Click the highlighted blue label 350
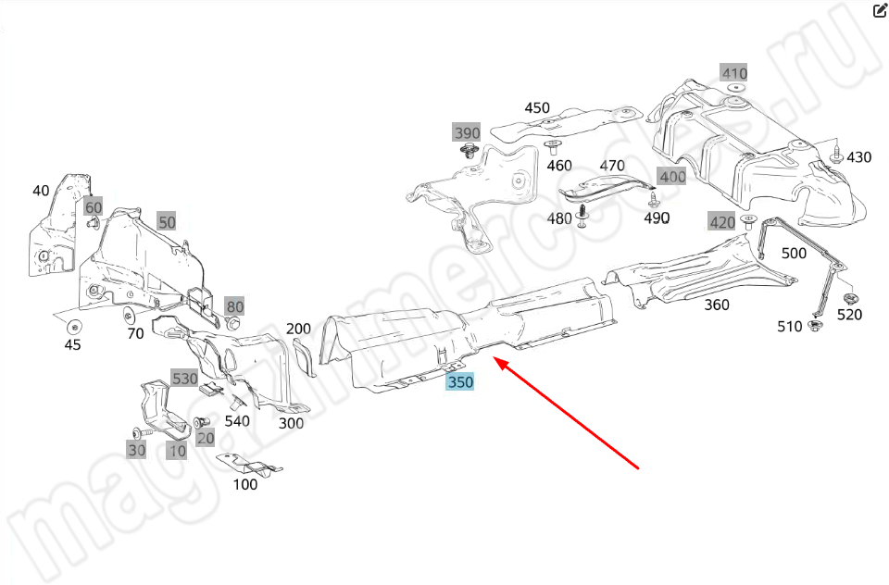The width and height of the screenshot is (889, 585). coord(460,381)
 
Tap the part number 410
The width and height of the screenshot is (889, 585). coord(734,73)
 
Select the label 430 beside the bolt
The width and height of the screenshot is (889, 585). coord(858,157)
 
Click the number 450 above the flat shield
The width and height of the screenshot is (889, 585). coord(537,108)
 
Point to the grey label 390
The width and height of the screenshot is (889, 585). coord(467,132)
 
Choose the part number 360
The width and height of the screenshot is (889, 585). coord(716,305)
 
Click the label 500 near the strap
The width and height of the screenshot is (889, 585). coord(794,253)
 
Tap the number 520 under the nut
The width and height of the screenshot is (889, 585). coord(849,315)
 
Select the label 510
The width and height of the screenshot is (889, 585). coord(789,326)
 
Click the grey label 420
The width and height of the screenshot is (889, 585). coord(722,221)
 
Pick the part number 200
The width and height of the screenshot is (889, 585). coord(298,329)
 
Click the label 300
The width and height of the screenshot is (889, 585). coord(292,423)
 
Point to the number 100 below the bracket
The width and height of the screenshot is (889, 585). coord(245,484)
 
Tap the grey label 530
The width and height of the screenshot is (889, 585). coord(184,379)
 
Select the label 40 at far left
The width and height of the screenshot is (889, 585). coord(41,191)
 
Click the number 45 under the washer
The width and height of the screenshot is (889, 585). coord(72,345)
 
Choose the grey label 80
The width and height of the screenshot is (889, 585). coord(234,306)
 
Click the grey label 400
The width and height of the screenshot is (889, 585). coord(672,177)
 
